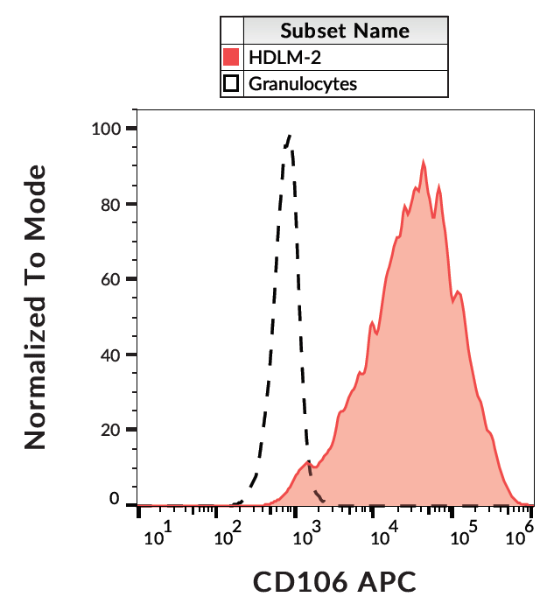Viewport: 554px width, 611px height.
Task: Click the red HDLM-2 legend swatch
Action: (232, 58)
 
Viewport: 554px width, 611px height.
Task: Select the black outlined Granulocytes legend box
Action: (232, 84)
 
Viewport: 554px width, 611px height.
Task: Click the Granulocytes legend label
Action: (303, 84)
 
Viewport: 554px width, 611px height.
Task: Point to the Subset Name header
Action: (345, 32)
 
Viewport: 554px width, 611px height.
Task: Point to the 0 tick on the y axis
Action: (116, 500)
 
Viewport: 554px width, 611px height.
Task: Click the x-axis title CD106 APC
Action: (333, 580)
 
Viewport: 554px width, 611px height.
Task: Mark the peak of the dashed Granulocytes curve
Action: (289, 136)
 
